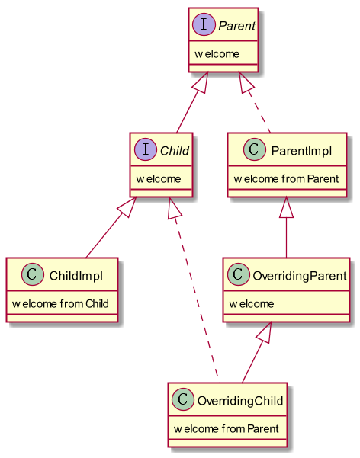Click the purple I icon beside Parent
[x=204, y=24]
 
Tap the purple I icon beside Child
[x=146, y=149]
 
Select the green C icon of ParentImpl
[x=255, y=149]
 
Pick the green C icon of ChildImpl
[x=33, y=274]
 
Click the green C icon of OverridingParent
[x=238, y=274]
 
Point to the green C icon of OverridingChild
[x=183, y=399]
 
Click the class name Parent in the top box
[x=237, y=26]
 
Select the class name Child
[x=175, y=151]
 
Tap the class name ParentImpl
[x=301, y=151]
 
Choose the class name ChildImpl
[x=76, y=276]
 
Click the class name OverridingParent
[x=300, y=276]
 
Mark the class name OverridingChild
[x=240, y=401]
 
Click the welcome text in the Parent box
[x=217, y=54]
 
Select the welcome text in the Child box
[x=159, y=179]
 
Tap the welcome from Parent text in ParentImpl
[x=286, y=179]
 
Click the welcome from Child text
[x=60, y=304]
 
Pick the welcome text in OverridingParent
[x=252, y=304]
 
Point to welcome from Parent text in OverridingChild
[x=227, y=429]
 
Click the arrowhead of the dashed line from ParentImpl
[x=245, y=82]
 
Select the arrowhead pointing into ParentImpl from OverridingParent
[x=286, y=207]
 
